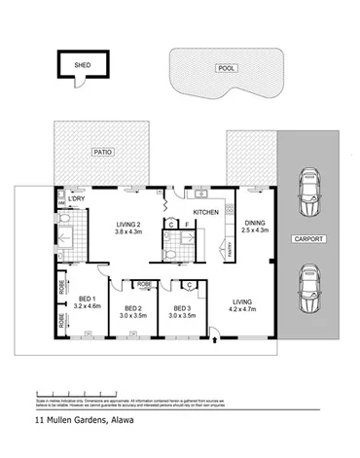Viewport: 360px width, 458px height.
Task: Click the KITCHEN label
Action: (x=206, y=211)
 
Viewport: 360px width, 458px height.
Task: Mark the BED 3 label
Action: (x=182, y=306)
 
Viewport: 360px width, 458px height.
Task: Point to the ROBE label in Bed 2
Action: (x=143, y=286)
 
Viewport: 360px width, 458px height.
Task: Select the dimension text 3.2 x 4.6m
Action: (x=87, y=305)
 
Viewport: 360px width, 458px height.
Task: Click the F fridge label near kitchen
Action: (x=186, y=226)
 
